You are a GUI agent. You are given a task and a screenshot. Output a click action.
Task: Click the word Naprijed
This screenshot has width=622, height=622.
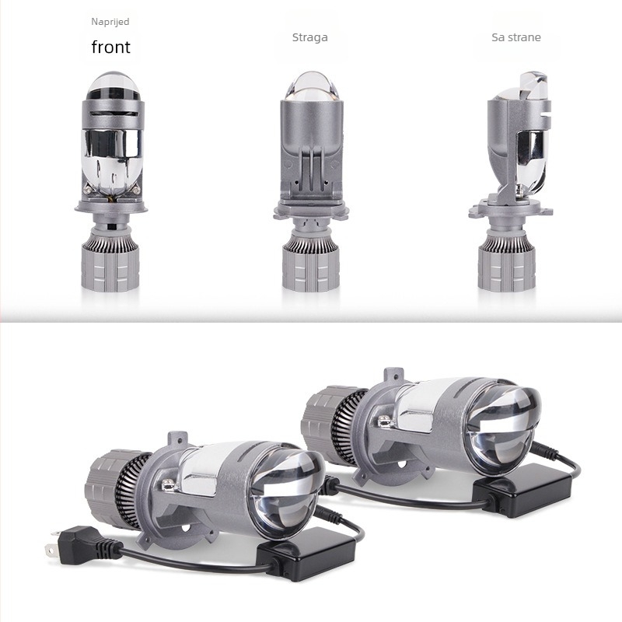110,22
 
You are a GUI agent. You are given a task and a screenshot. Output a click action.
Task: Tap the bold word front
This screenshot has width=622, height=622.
110,47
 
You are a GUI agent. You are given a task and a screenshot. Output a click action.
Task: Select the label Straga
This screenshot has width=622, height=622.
309,37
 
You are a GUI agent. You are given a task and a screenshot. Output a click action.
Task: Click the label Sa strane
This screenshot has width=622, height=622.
516,37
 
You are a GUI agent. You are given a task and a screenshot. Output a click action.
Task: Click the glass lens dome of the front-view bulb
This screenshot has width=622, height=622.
113,86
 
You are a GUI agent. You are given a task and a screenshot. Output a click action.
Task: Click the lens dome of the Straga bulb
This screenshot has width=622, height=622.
312,86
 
